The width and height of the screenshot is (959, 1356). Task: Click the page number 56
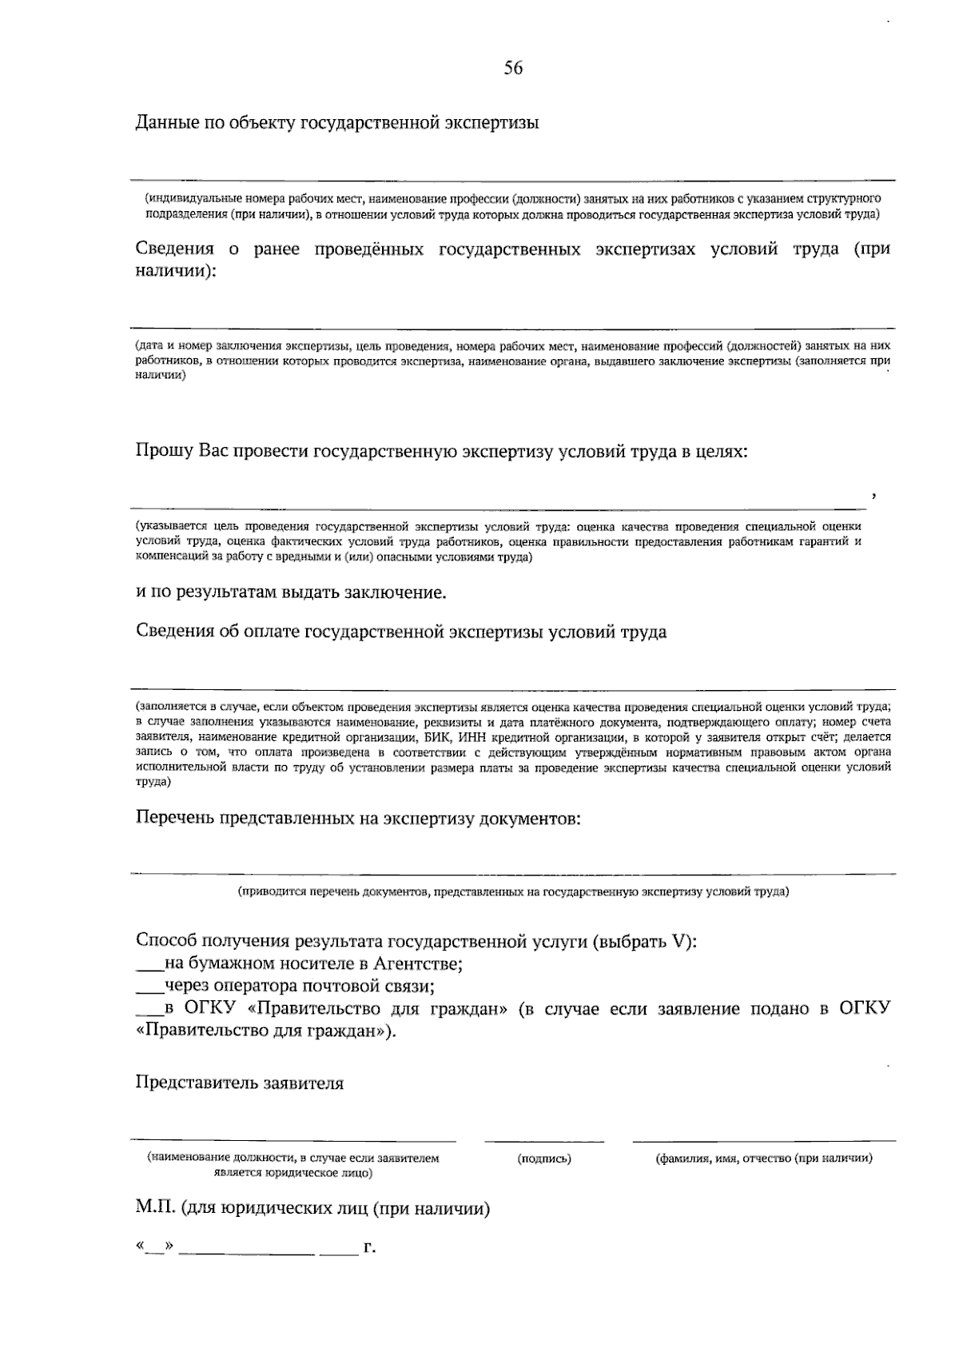(513, 69)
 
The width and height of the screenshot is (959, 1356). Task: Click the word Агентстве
(421, 963)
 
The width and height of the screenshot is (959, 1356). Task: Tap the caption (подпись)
(544, 1159)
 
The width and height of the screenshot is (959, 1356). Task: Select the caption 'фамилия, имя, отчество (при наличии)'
(763, 1159)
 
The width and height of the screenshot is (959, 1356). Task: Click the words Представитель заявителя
(240, 1083)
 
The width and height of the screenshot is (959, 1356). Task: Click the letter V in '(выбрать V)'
(680, 941)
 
